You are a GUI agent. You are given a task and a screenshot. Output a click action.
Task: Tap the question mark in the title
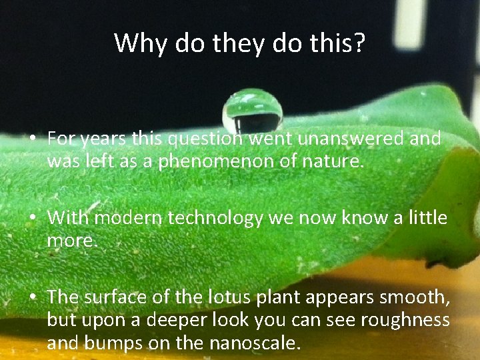tap(359, 43)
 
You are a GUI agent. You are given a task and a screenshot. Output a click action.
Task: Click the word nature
tap(336, 162)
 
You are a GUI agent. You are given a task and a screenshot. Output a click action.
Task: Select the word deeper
tap(165, 320)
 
